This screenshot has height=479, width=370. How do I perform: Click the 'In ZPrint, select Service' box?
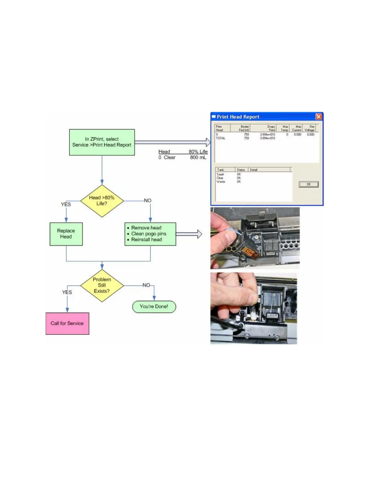click(x=102, y=142)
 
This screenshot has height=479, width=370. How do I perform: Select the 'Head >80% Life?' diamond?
click(x=102, y=201)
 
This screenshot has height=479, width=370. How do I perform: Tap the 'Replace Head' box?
click(x=66, y=234)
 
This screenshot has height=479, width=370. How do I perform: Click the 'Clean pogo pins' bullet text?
click(x=148, y=234)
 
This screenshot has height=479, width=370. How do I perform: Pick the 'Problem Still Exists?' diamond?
click(x=102, y=285)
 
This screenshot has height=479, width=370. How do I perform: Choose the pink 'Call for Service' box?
click(x=67, y=323)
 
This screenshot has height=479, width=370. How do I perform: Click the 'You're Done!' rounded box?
click(x=154, y=306)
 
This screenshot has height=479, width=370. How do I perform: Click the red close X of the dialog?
click(x=319, y=117)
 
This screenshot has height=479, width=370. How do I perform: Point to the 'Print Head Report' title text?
click(x=238, y=117)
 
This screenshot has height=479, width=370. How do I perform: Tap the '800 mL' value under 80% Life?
click(x=198, y=158)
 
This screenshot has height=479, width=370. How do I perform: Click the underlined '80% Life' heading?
click(x=198, y=152)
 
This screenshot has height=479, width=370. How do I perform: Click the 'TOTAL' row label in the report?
click(x=220, y=138)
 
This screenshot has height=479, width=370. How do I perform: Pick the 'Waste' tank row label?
click(x=221, y=182)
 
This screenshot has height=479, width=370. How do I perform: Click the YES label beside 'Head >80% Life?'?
click(x=66, y=204)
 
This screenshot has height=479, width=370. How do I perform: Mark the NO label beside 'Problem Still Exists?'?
click(x=146, y=285)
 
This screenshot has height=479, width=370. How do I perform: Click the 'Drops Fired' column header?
click(x=271, y=128)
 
